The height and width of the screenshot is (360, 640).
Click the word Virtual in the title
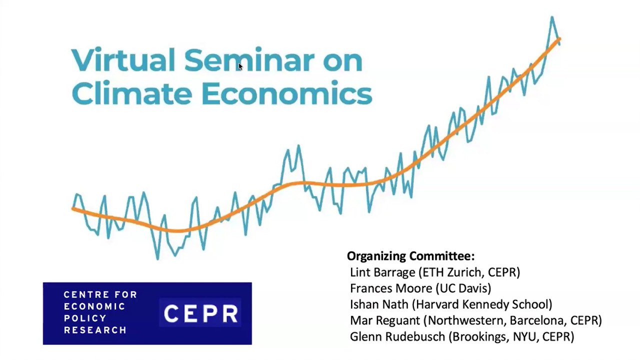pyautogui.click(x=123, y=60)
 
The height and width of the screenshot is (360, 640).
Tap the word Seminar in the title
pyautogui.click(x=249, y=60)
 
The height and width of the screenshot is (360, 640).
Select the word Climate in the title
pyautogui.click(x=131, y=93)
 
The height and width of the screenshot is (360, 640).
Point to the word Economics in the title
pyautogui.click(x=287, y=93)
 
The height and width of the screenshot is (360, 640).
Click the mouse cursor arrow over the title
pyautogui.click(x=240, y=66)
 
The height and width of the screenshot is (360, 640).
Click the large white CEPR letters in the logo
pyautogui.click(x=201, y=313)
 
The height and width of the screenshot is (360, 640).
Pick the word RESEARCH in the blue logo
pyautogui.click(x=95, y=330)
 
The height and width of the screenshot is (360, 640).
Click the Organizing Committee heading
pyautogui.click(x=410, y=256)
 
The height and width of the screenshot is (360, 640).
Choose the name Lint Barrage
pyautogui.click(x=382, y=272)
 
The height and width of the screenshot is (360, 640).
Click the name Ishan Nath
pyautogui.click(x=379, y=304)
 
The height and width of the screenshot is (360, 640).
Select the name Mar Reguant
pyautogui.click(x=385, y=320)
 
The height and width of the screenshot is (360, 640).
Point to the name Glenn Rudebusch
pyautogui.click(x=397, y=336)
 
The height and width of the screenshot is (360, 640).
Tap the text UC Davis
pyautogui.click(x=463, y=288)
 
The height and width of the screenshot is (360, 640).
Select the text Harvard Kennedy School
pyautogui.click(x=482, y=304)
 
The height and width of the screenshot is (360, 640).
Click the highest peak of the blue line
pyautogui.click(x=552, y=17)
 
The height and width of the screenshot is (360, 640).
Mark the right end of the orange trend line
pyautogui.click(x=559, y=39)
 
